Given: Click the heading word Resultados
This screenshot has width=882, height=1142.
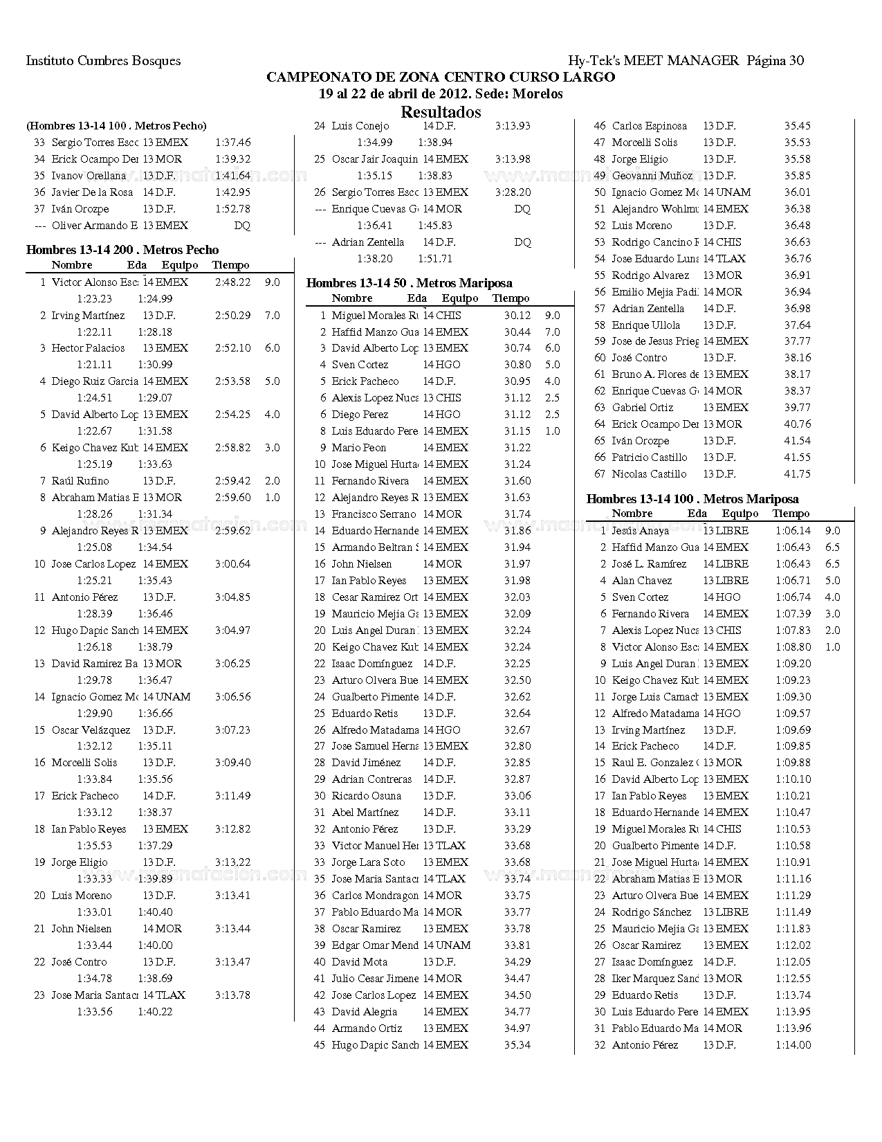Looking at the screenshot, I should (441, 112).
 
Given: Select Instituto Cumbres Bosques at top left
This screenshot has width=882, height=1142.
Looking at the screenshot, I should (103, 61).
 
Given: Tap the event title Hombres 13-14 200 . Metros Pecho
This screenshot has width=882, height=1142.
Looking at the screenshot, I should (122, 250).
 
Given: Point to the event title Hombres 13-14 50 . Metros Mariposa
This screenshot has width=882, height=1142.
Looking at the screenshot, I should (409, 283).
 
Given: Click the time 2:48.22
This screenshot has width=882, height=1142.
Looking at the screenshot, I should (232, 282).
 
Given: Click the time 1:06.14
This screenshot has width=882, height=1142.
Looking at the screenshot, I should (793, 531).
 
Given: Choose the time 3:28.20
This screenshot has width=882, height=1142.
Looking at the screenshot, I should (513, 192).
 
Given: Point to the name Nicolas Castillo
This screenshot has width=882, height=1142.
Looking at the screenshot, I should (649, 474).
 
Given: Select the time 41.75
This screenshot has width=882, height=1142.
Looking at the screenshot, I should (798, 474).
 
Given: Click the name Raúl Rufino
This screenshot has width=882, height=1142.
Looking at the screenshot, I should (80, 481).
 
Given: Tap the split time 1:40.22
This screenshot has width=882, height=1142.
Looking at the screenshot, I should (155, 1012).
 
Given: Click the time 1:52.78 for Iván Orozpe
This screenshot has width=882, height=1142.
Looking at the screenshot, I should (232, 209).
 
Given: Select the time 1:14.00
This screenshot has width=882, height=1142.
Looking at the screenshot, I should (793, 1045).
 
